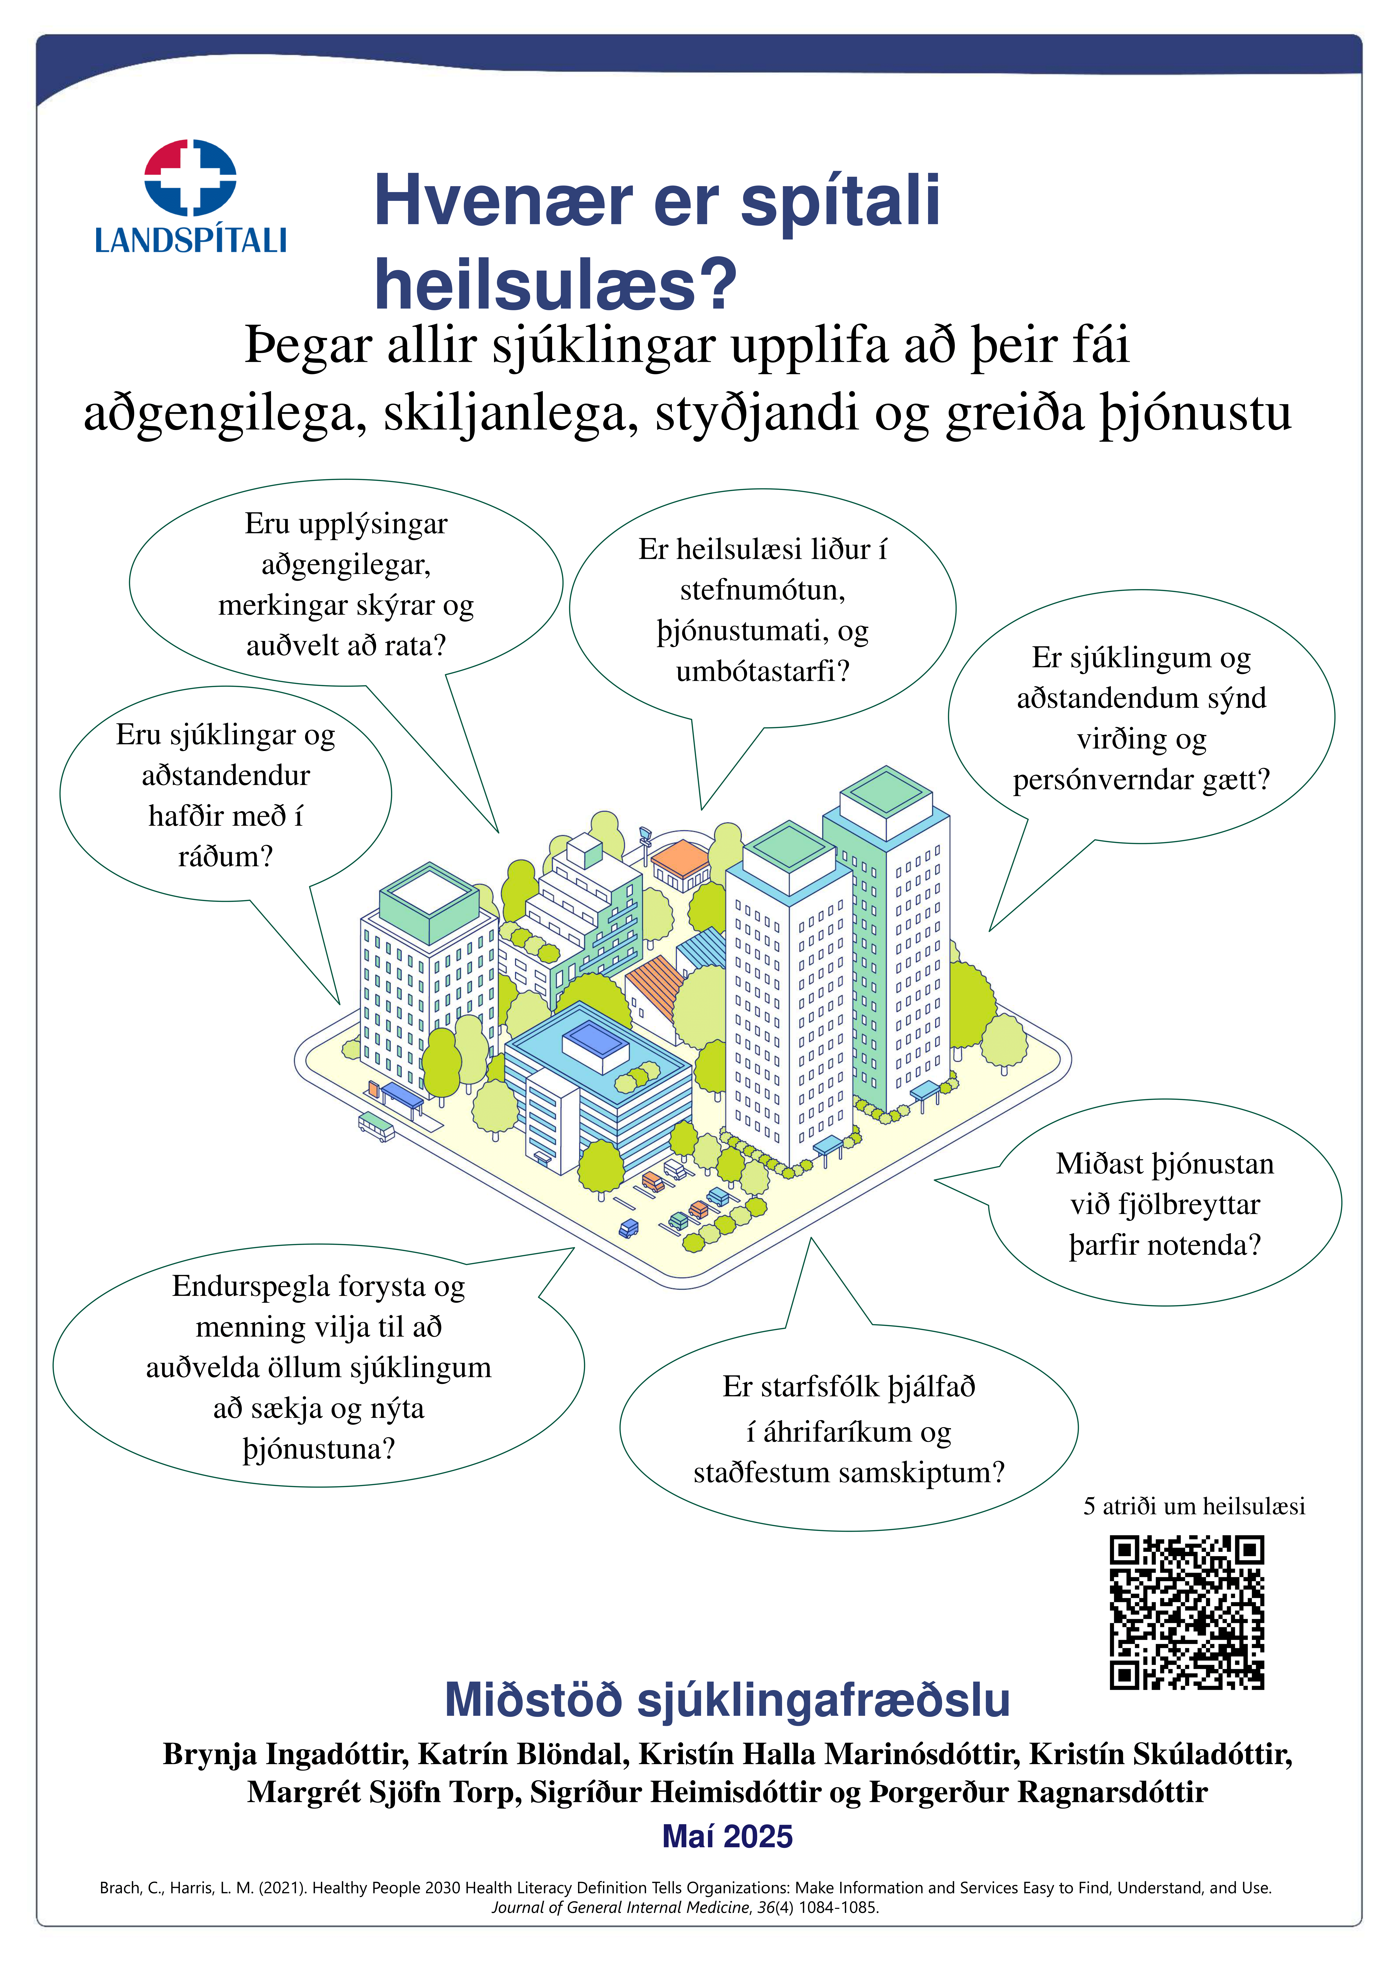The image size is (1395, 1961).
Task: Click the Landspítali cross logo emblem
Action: [x=190, y=177]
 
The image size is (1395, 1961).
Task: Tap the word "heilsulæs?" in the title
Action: [x=555, y=284]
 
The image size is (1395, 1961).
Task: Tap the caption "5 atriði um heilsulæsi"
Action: [x=1193, y=1506]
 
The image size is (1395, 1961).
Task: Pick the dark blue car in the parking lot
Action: [x=629, y=1227]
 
